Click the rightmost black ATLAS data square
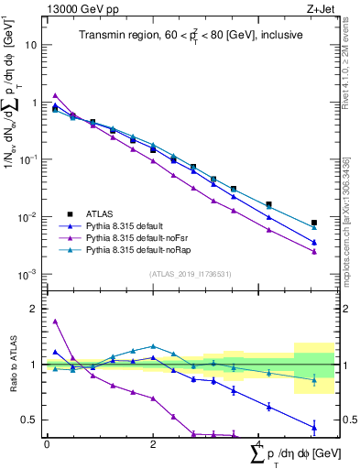click(314, 223)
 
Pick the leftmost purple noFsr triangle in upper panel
click(55, 95)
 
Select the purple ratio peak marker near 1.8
click(55, 322)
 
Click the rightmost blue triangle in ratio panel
click(314, 426)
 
